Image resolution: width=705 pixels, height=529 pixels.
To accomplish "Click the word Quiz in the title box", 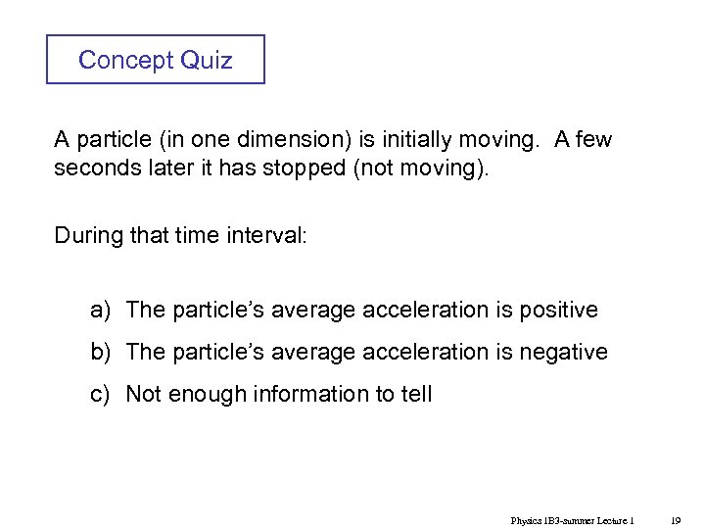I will pyautogui.click(x=207, y=60).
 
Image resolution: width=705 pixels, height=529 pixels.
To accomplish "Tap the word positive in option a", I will pyautogui.click(x=555, y=311).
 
